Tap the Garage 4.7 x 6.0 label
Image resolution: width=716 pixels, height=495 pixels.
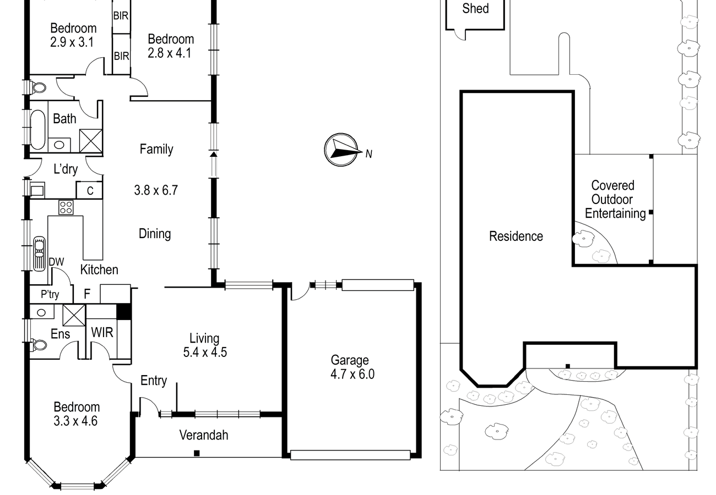352,367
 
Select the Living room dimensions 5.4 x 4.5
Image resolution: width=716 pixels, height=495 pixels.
205,353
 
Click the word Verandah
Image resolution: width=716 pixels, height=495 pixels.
204,435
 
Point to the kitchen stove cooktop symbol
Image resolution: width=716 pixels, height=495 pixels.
66,207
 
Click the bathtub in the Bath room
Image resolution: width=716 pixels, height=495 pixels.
37,130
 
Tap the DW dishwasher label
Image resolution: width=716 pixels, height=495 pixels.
56,262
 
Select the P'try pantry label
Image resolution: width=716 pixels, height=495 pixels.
50,294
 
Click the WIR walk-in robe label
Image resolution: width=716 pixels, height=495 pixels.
102,333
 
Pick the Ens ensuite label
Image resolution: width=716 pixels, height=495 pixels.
60,334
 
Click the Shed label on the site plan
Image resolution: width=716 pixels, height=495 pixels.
475,8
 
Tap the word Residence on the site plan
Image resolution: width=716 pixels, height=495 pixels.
516,236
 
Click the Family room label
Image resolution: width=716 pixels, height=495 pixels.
156,150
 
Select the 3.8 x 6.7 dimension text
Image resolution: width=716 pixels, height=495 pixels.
156,190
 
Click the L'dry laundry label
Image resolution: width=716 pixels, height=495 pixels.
66,169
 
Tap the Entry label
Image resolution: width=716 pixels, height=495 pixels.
154,381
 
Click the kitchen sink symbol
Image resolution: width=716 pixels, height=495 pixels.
39,254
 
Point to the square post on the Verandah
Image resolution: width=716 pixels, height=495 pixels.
197,453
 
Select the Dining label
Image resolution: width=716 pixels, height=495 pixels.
155,234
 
